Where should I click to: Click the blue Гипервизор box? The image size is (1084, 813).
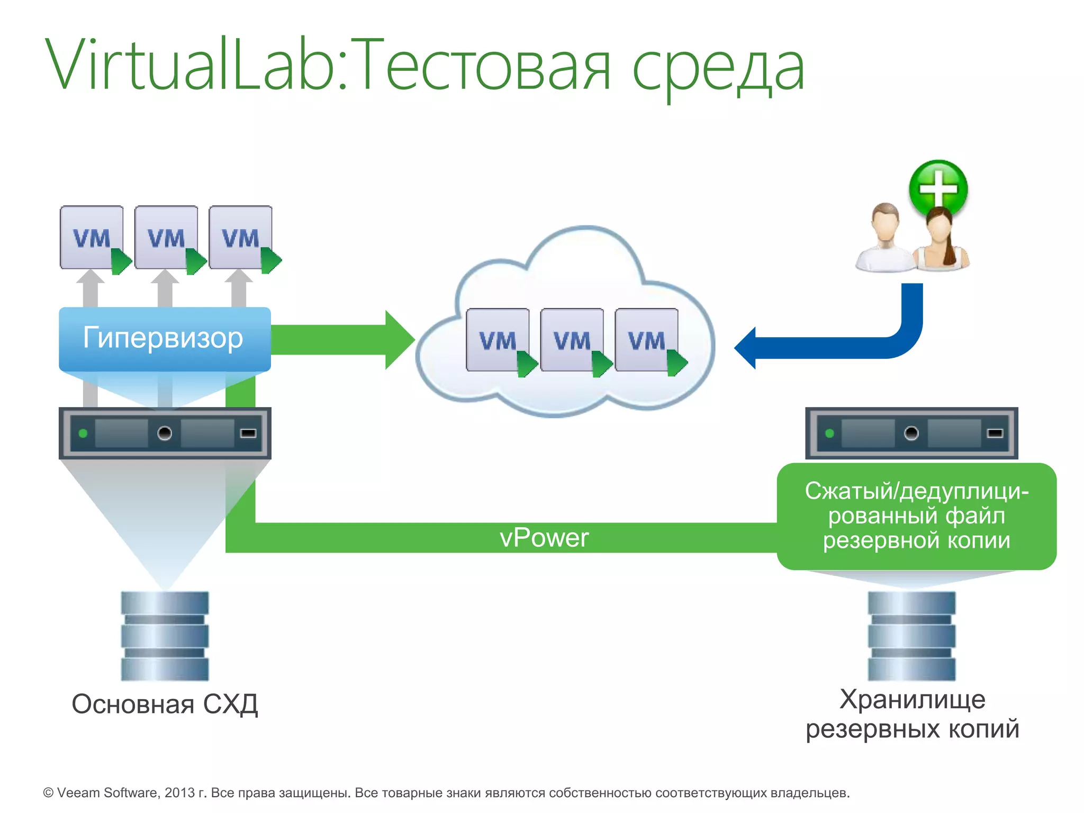tap(165, 339)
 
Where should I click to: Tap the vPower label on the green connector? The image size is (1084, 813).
tap(544, 538)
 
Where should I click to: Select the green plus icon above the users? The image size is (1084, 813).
tap(938, 188)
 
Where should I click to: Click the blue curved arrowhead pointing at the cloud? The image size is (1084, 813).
tap(746, 348)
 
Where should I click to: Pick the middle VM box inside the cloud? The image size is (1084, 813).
tap(572, 340)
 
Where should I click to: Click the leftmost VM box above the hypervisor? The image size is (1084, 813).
tap(92, 238)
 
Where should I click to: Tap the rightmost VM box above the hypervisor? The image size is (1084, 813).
tap(241, 238)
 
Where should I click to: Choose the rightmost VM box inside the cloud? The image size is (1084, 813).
tap(647, 340)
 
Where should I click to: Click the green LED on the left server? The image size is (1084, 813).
tap(83, 433)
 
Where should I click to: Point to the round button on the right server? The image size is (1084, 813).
tap(911, 433)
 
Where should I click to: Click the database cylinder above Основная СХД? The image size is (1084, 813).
tap(165, 636)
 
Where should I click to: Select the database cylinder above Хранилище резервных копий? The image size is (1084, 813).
tap(911, 636)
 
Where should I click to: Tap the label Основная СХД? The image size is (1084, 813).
tap(165, 704)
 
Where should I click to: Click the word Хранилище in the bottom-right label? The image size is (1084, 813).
tap(912, 699)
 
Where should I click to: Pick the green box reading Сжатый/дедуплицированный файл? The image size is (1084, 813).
tap(916, 516)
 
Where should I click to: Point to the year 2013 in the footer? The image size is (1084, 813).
tap(179, 793)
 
